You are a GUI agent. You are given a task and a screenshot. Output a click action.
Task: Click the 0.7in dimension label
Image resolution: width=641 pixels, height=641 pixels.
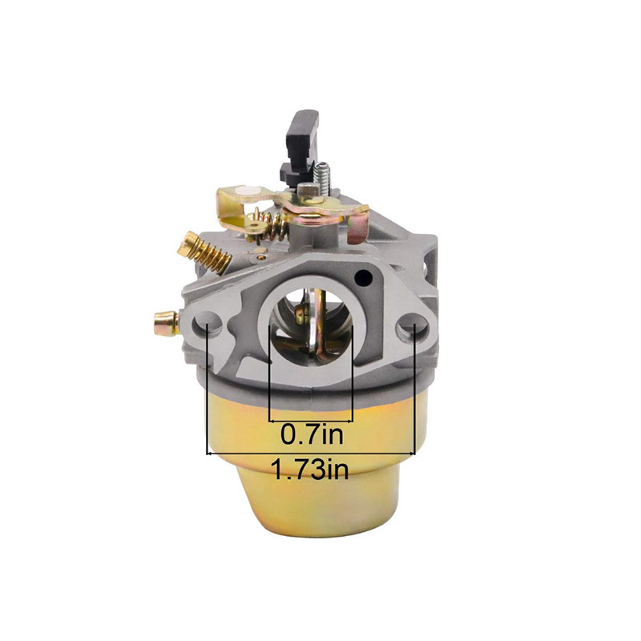(x=312, y=435)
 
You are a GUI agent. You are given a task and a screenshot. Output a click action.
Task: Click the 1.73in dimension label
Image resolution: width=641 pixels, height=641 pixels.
(x=311, y=470)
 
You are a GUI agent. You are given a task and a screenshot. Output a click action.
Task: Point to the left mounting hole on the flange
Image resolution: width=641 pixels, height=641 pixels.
(x=208, y=321)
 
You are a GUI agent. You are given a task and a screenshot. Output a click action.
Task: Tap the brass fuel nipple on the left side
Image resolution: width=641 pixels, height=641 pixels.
(x=167, y=323)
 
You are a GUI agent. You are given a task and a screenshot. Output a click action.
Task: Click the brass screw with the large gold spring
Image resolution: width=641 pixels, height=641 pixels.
(x=204, y=252)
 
